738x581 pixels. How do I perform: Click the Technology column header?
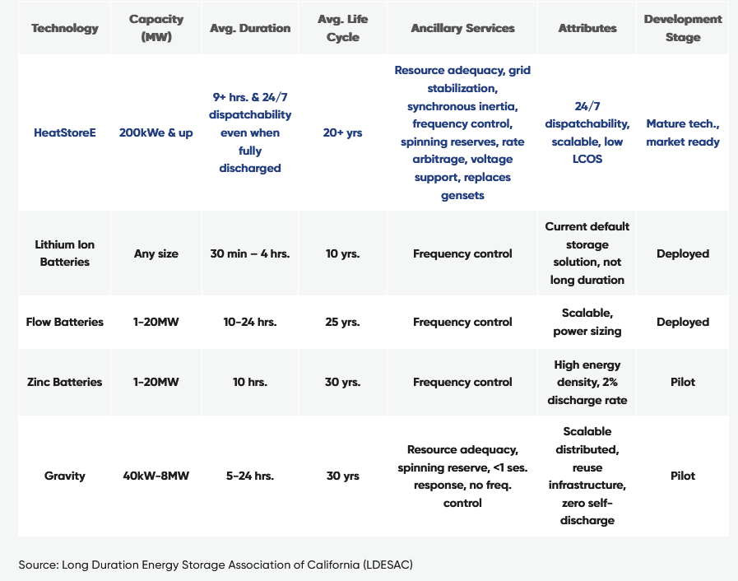click(x=64, y=28)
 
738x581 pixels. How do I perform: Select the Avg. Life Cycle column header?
click(x=343, y=28)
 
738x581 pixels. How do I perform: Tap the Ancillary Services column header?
click(x=462, y=28)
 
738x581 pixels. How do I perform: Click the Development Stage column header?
click(x=683, y=28)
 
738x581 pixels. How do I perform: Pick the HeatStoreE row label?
click(x=64, y=132)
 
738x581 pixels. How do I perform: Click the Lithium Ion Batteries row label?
click(x=64, y=253)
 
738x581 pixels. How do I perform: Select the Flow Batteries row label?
click(x=64, y=322)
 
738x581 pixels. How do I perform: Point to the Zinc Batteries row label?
click(x=64, y=382)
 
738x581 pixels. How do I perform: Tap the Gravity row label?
click(x=64, y=476)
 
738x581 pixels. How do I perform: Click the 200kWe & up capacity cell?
click(x=156, y=132)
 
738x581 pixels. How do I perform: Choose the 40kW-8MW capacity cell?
click(x=156, y=476)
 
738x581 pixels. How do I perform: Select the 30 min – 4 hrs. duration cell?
click(x=250, y=253)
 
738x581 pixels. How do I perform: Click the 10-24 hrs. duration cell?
click(x=250, y=322)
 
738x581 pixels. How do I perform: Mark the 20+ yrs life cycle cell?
click(x=343, y=132)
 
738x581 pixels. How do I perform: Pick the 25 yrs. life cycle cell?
click(x=343, y=322)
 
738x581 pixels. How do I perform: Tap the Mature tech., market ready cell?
click(x=683, y=132)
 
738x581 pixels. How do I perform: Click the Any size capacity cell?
click(x=156, y=253)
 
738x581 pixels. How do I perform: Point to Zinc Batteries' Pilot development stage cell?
click(x=683, y=382)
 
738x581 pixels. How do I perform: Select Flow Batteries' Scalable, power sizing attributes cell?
click(x=587, y=322)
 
